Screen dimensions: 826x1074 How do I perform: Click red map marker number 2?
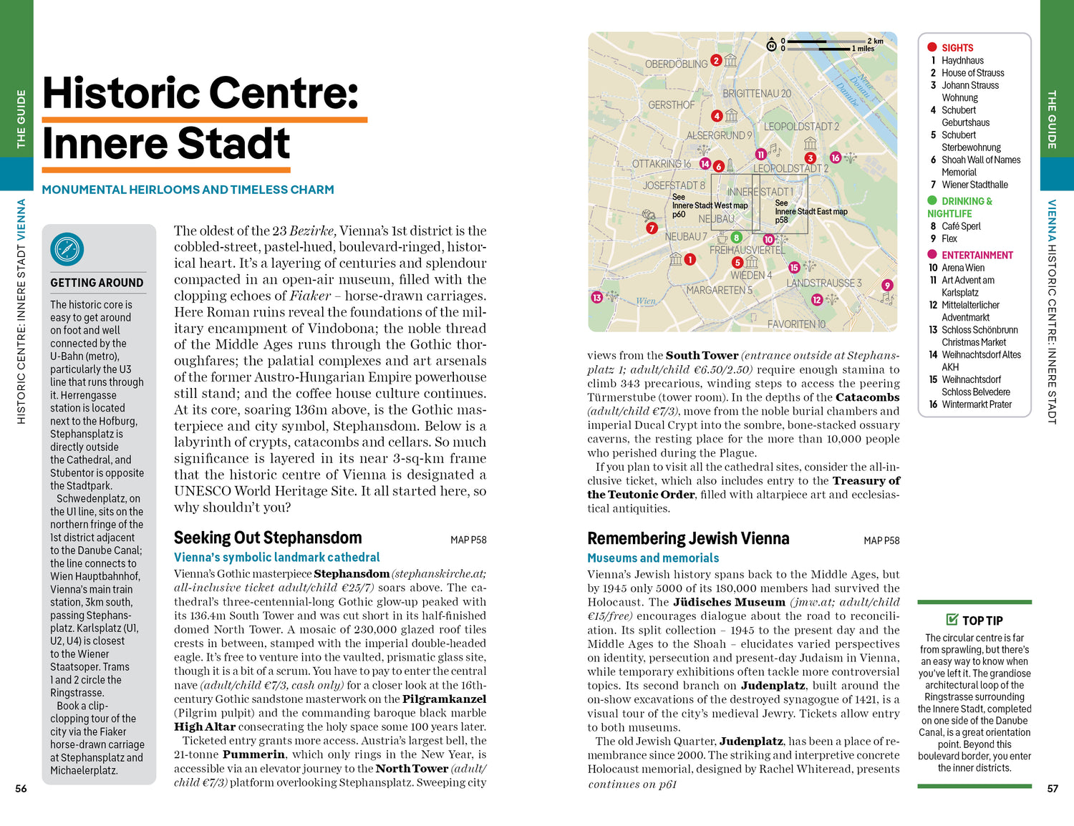(715, 61)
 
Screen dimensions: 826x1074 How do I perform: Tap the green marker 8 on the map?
(736, 238)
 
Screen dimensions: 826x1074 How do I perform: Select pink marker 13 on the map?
(596, 297)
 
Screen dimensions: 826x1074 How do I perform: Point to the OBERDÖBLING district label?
(676, 64)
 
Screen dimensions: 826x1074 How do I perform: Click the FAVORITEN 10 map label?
(796, 324)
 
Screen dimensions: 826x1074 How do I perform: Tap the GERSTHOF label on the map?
(671, 105)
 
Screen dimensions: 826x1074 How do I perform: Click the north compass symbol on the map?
(771, 45)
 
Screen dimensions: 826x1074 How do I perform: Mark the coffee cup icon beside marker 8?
(722, 238)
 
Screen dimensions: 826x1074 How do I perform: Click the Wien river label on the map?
(646, 301)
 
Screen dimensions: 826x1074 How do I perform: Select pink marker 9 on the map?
(887, 285)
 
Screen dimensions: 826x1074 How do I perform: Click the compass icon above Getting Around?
(67, 250)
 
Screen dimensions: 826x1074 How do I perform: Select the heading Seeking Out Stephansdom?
(268, 538)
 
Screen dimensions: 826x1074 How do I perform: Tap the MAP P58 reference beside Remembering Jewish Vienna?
(881, 540)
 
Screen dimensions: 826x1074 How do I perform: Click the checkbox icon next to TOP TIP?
(952, 620)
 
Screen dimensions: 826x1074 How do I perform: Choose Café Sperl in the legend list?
(961, 226)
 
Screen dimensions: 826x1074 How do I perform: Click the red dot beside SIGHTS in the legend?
(932, 47)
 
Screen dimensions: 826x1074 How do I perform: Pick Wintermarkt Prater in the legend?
(977, 404)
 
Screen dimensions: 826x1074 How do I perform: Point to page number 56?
(21, 789)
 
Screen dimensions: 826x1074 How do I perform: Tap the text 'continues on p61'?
(632, 784)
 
